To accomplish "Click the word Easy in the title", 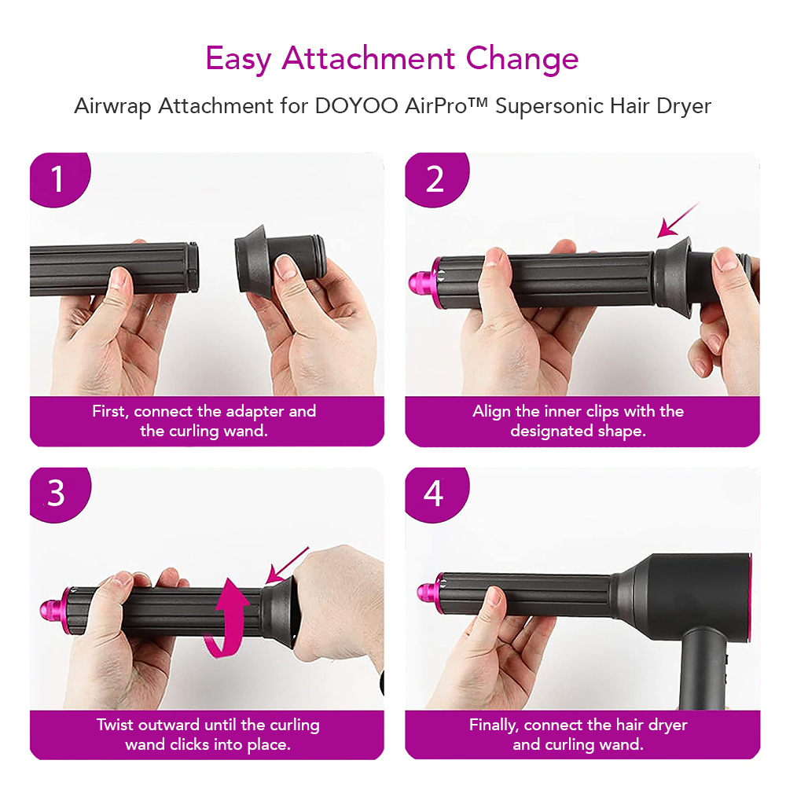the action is (x=238, y=59).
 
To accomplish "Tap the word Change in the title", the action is (x=523, y=59).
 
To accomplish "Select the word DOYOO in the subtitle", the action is (x=356, y=106).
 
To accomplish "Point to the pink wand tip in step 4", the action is (x=430, y=593).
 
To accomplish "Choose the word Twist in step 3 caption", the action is (x=115, y=725).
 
